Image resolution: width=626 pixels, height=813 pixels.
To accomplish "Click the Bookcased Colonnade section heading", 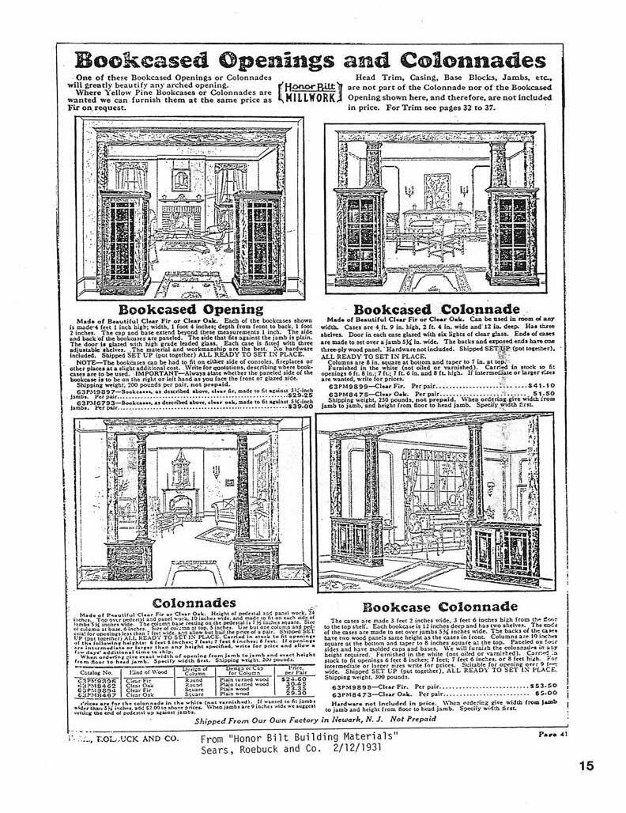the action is [436, 308].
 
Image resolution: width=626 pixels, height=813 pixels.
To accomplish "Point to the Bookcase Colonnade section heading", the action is [439, 607].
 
